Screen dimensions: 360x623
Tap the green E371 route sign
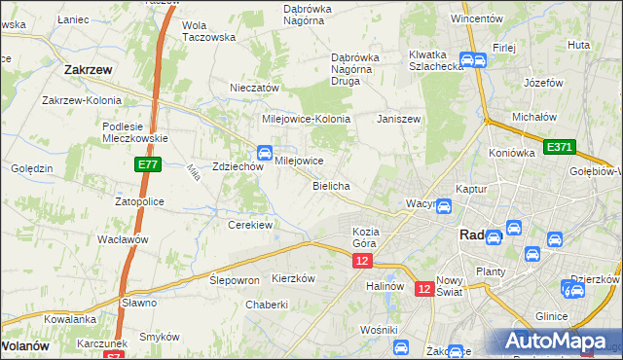pos(560,147)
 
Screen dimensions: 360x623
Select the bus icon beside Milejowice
pos(264,152)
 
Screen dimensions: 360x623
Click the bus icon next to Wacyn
pos(443,206)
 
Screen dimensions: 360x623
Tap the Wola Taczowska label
pos(209,31)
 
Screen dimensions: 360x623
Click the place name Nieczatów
pos(255,88)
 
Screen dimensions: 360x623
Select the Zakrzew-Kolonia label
pos(82,100)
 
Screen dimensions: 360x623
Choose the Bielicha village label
pos(331,185)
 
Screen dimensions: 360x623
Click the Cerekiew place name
pos(250,225)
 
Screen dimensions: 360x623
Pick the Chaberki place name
pos(267,305)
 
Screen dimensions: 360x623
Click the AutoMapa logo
pos(556,342)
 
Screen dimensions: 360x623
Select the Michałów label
pos(533,117)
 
